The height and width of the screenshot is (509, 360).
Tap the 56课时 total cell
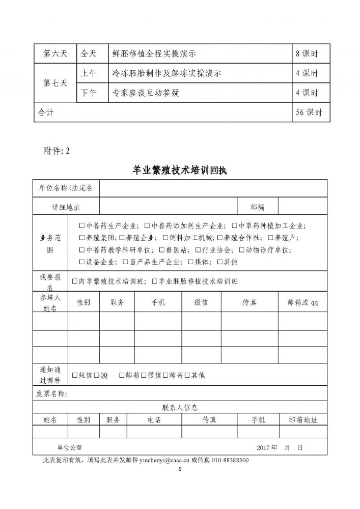coord(309,112)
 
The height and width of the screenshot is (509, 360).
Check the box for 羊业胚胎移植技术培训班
coord(155,281)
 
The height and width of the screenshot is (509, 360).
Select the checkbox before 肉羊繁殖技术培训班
coord(75,281)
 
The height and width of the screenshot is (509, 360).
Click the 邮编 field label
coord(258,207)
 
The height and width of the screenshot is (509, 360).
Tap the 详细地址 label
coord(66,207)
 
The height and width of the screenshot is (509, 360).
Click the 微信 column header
coord(201,302)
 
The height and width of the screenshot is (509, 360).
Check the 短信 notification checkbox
coord(75,375)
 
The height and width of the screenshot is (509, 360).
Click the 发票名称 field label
coord(52,393)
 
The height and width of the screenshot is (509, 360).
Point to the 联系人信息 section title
coord(180,407)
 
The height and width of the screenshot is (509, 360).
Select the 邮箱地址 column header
coord(302,420)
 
